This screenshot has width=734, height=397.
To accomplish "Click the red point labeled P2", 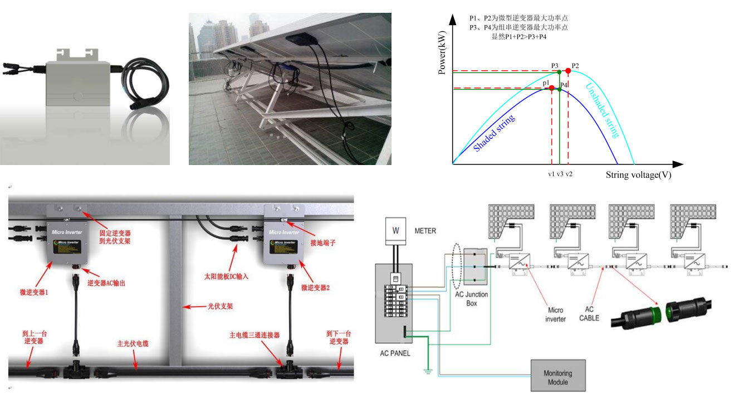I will [567, 71].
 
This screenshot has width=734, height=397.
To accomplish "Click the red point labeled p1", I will [551, 88].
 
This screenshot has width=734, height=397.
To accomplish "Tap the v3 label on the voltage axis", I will [560, 175].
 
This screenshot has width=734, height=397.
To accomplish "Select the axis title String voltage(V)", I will [638, 175].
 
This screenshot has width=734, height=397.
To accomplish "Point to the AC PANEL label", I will [394, 353].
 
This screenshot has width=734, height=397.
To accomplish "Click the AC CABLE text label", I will [589, 314].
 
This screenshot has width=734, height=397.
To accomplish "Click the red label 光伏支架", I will [220, 307].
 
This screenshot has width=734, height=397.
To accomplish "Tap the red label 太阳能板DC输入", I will [226, 275].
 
